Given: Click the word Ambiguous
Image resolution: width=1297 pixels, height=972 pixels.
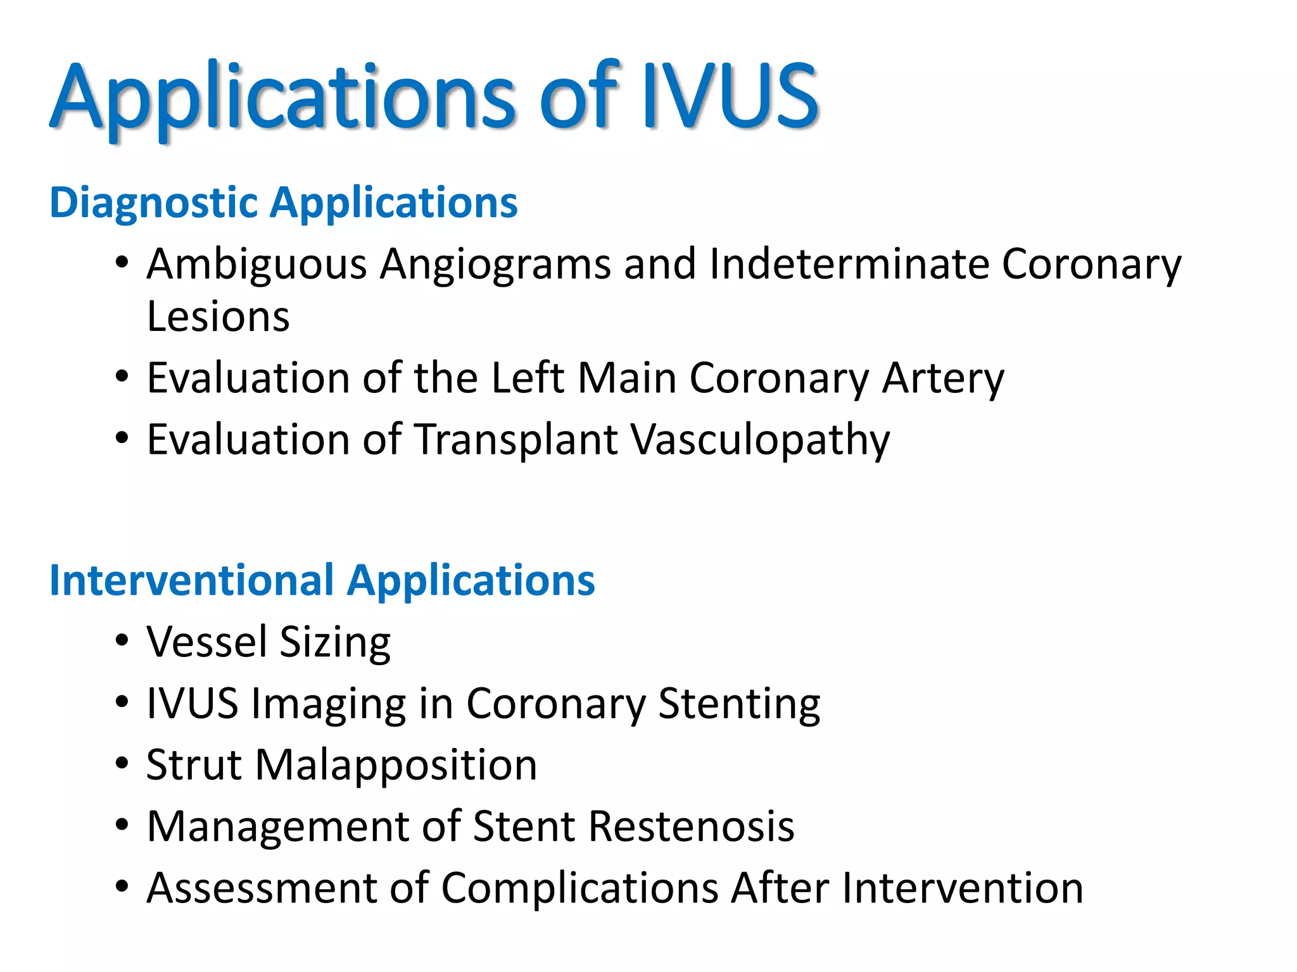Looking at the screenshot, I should click(256, 264).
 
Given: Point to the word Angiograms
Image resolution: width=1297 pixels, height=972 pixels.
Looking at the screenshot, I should click(495, 264).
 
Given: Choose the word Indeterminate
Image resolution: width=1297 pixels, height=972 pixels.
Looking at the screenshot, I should click(849, 264).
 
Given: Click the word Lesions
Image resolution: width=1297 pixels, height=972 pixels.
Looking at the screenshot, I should click(218, 316).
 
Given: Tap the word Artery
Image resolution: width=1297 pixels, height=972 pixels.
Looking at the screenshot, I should click(943, 378).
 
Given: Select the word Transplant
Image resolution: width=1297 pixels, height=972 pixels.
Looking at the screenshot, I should click(516, 440).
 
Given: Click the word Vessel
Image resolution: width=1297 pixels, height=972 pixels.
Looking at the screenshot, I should click(206, 642).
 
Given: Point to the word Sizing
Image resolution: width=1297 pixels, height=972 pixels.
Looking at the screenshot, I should click(335, 642).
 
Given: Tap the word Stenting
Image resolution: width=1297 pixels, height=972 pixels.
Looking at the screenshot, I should click(739, 703).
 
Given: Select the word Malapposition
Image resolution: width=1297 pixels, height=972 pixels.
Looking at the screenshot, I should click(396, 764).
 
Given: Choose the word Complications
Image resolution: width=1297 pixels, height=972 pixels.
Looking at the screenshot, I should click(579, 887).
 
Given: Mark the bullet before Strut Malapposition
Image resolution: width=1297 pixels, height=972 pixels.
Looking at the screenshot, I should click(122, 764).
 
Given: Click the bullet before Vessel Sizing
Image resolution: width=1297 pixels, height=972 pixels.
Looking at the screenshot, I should click(122, 642).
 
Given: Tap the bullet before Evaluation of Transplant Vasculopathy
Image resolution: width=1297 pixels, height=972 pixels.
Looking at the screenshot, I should click(122, 439).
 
